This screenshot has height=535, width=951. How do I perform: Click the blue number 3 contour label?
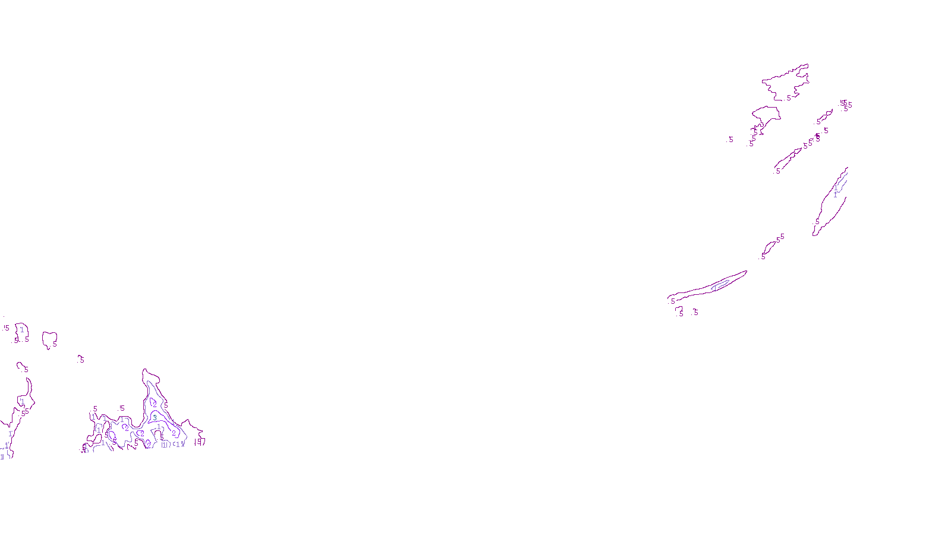(x=155, y=417)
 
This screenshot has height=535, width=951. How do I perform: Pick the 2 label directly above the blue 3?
(x=155, y=405)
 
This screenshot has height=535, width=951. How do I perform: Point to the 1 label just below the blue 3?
(x=159, y=427)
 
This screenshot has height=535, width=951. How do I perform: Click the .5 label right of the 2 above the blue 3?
(x=166, y=406)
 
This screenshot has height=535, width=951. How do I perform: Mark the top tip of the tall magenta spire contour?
(x=144, y=370)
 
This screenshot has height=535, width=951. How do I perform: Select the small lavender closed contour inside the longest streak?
(x=720, y=285)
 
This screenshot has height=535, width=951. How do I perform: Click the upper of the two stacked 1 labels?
(x=836, y=187)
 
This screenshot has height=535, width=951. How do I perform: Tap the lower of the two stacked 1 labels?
(x=835, y=194)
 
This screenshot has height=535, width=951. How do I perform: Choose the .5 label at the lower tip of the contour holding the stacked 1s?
(x=817, y=222)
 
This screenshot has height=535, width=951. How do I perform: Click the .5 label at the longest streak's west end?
(x=673, y=301)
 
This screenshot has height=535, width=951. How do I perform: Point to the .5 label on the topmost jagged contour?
(x=789, y=98)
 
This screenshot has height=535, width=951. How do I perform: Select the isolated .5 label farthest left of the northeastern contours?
(x=730, y=140)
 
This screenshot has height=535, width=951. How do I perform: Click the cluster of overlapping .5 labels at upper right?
(x=846, y=105)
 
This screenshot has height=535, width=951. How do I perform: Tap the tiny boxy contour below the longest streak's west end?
(x=679, y=310)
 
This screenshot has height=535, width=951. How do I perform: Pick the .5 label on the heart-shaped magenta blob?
(x=54, y=344)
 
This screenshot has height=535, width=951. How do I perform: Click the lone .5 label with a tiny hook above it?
(x=81, y=360)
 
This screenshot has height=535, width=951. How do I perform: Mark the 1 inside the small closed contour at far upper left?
(x=22, y=330)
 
